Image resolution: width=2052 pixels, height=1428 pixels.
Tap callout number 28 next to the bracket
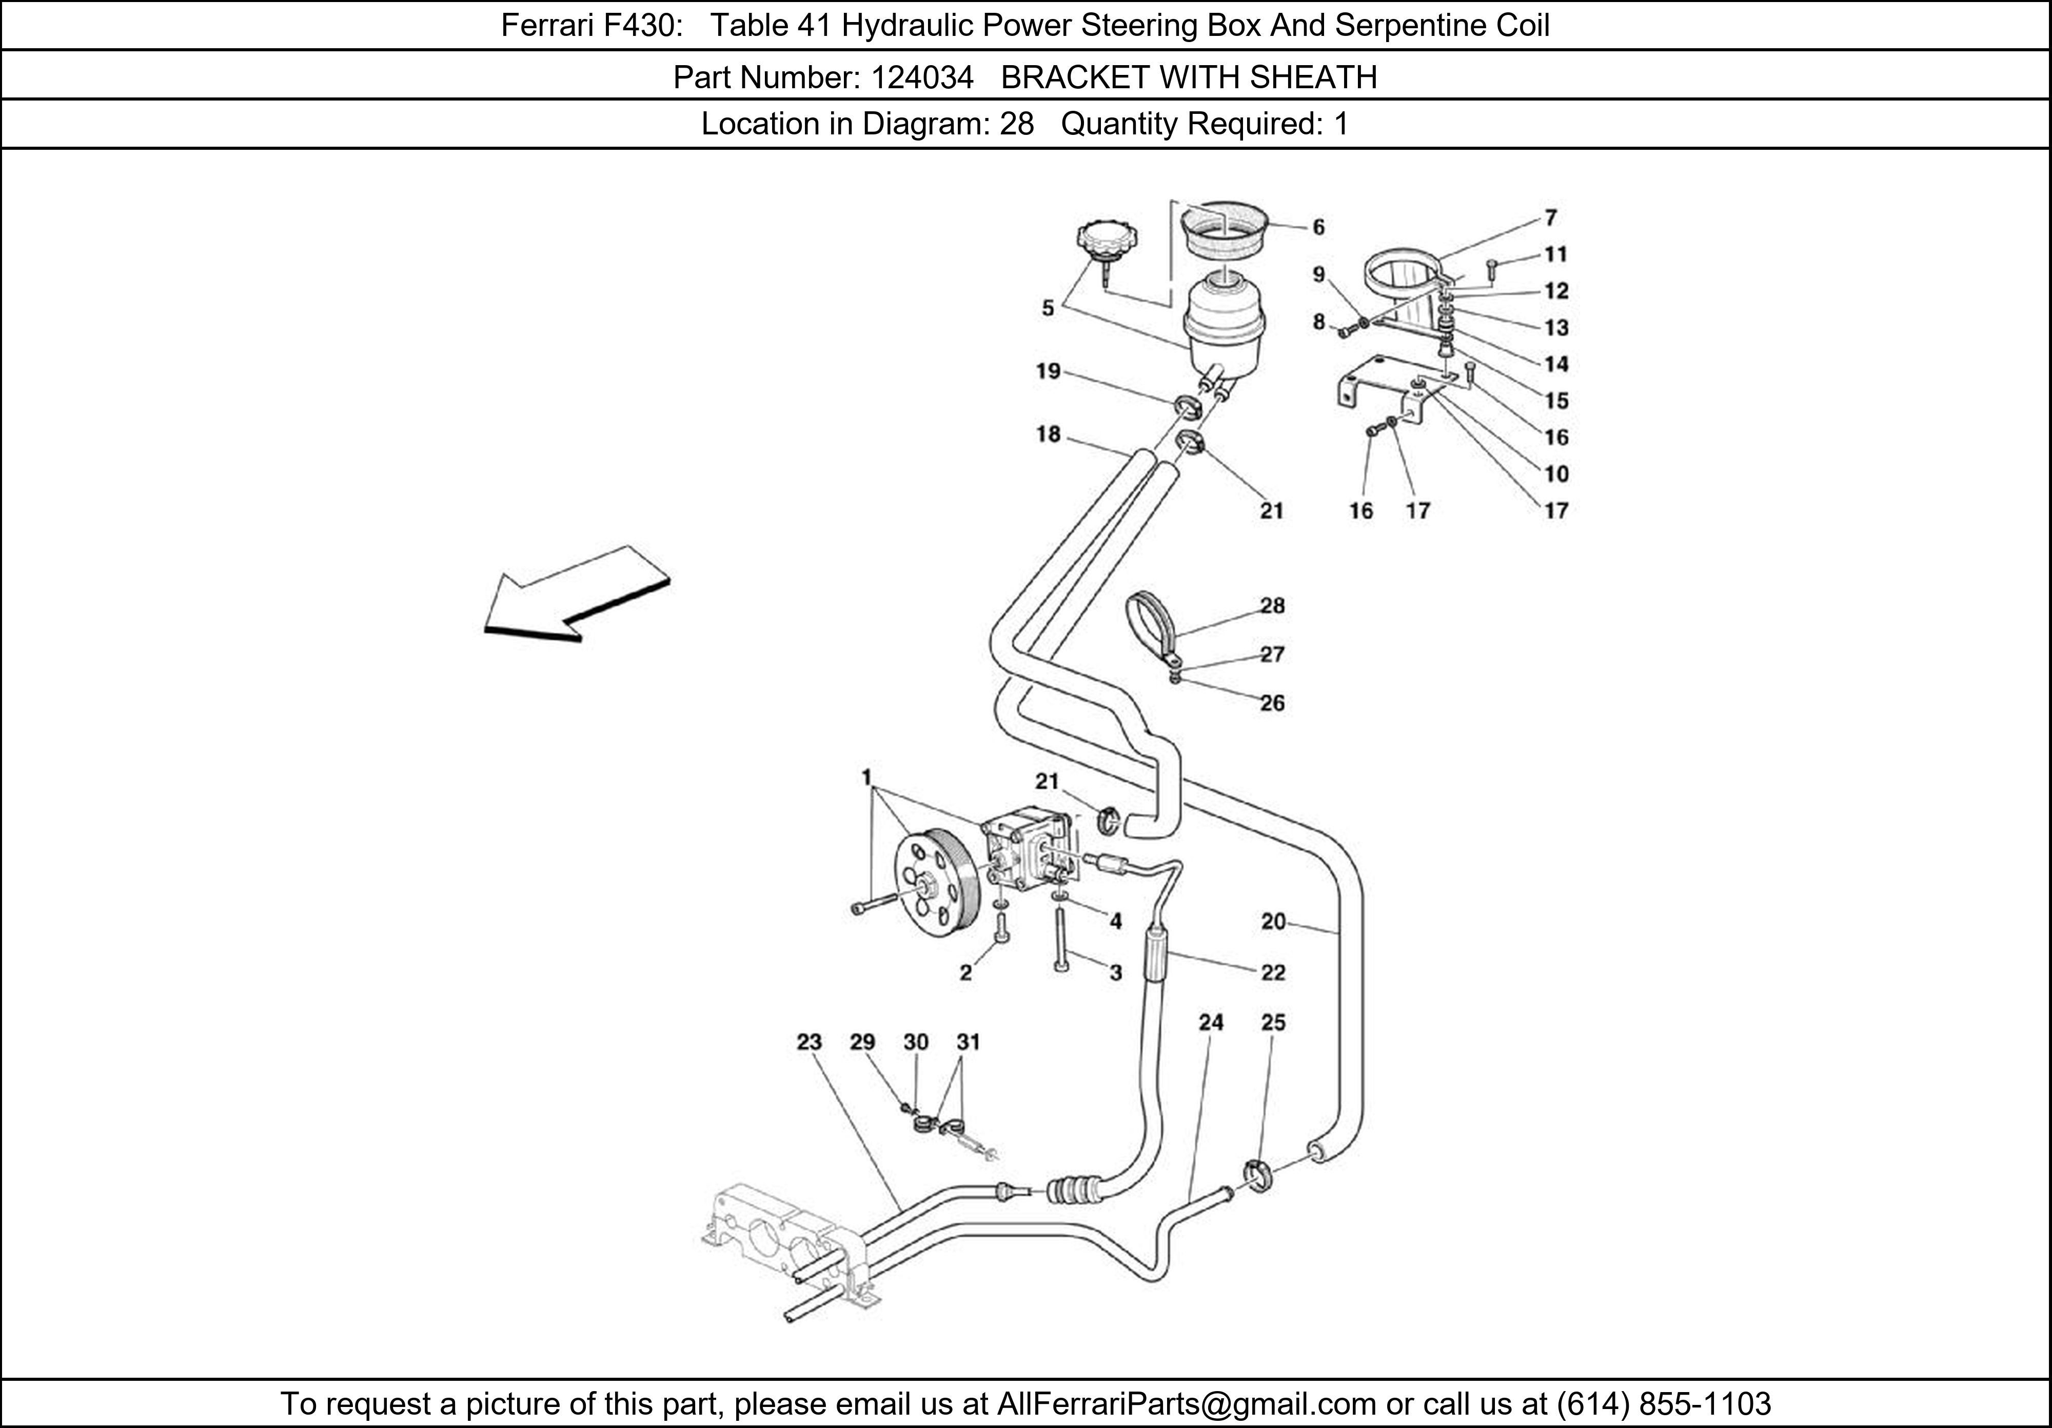coord(1272,606)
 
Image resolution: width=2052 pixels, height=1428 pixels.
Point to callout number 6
coord(1318,228)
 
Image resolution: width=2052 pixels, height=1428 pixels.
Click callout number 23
coord(809,1042)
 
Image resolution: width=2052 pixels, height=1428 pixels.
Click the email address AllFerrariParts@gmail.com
coord(1186,1404)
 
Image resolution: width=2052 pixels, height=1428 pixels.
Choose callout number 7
coord(1551,217)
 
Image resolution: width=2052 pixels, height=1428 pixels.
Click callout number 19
coord(1049,371)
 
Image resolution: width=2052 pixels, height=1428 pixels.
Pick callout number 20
coord(1273,921)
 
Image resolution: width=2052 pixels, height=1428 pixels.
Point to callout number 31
coord(968,1042)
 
